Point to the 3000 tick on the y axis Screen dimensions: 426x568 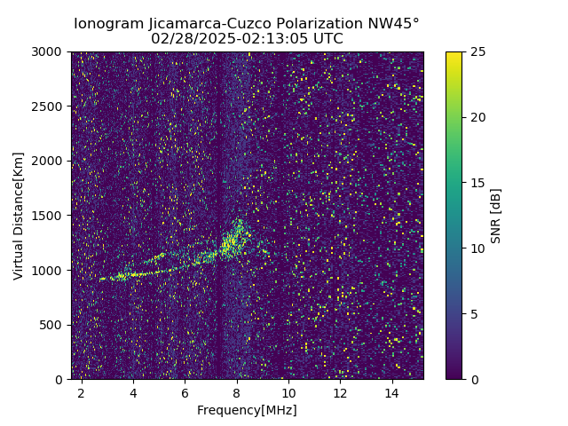point(49,51)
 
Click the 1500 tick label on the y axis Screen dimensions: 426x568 point(49,216)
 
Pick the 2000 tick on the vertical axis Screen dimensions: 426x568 point(49,161)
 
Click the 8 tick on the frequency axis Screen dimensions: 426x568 point(237,392)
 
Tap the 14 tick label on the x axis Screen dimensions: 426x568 point(392,392)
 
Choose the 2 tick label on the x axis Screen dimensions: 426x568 point(82,392)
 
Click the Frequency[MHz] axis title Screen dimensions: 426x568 point(247,410)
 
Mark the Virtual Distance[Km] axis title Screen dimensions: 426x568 point(19,216)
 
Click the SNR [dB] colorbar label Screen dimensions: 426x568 point(496,216)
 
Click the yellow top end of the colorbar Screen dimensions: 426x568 point(454,55)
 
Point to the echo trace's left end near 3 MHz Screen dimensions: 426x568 point(102,279)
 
